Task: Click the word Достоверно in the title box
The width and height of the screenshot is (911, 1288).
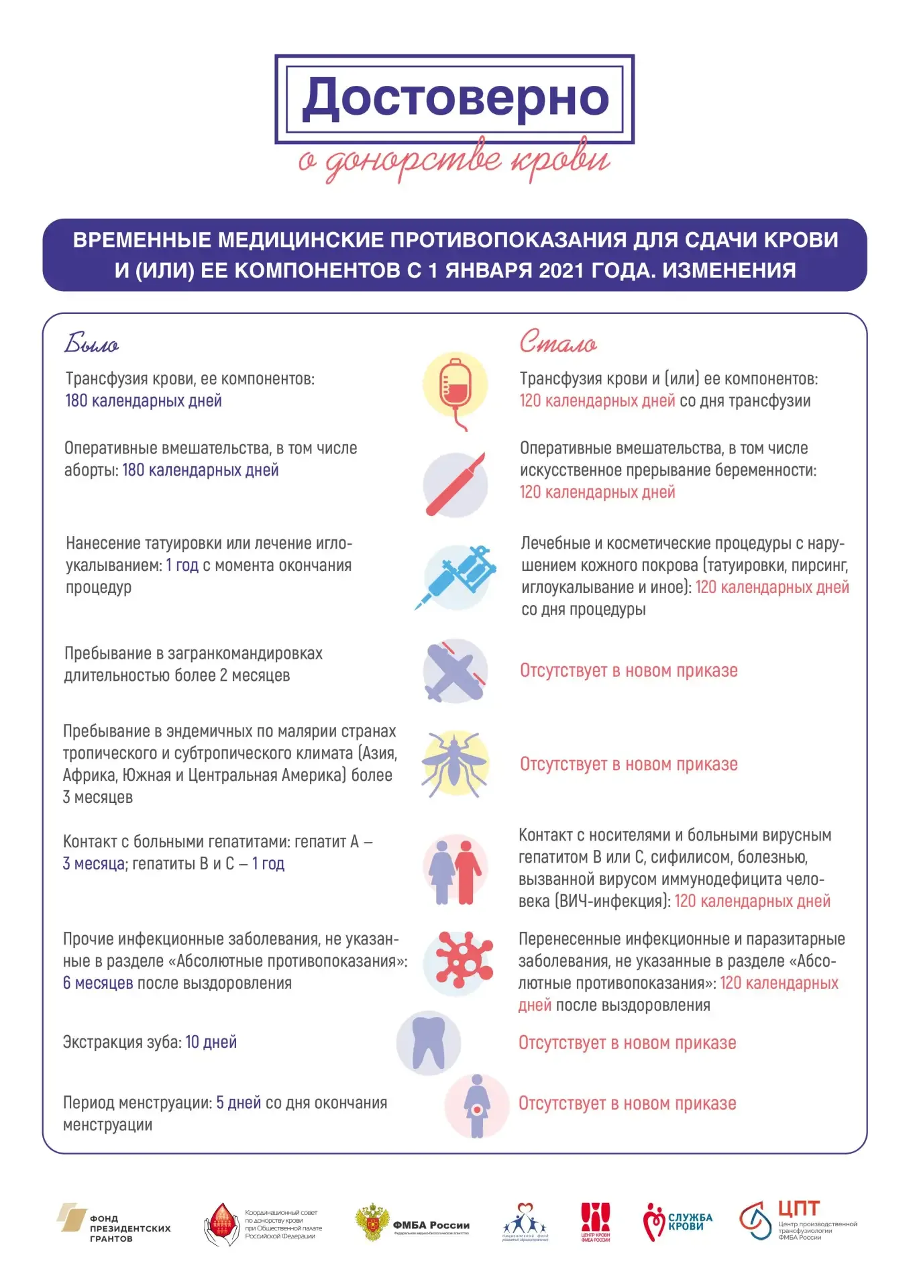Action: [x=455, y=98]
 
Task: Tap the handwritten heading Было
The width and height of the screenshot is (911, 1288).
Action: [x=91, y=343]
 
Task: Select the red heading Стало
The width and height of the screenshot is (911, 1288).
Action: [x=557, y=342]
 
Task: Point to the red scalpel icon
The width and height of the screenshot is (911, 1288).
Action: [x=455, y=484]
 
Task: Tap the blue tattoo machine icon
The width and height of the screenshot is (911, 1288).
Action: [x=456, y=576]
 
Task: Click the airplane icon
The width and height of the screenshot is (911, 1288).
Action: [x=455, y=671]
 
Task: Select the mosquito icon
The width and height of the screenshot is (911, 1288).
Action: [x=455, y=763]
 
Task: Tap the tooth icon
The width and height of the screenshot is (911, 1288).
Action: [x=429, y=1042]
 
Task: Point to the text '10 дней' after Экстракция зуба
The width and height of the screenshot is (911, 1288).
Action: [x=211, y=1042]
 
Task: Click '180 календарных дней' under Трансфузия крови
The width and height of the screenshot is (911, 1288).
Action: [x=144, y=401]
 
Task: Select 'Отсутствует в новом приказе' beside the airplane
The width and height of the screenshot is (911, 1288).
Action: [x=629, y=671]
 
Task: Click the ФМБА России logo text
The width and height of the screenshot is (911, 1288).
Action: [x=431, y=1225]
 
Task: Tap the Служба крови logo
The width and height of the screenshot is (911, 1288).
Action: [x=678, y=1222]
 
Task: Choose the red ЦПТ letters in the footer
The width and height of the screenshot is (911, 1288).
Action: [x=798, y=1208]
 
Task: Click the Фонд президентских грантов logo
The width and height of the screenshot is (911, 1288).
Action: [x=114, y=1223]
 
